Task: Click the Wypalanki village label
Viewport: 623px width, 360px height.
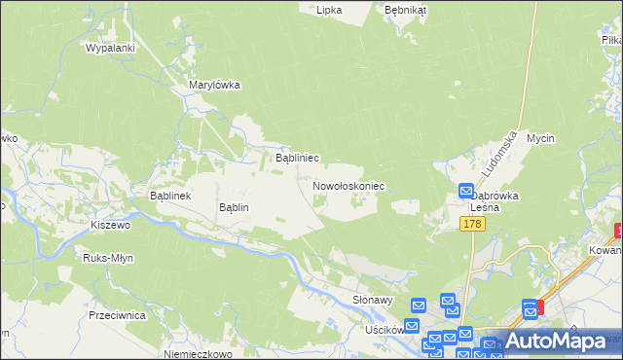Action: (x=109, y=47)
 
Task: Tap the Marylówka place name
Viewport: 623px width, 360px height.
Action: (x=214, y=85)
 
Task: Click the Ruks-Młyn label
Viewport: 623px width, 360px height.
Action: (x=108, y=258)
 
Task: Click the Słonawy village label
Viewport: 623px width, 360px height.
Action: (x=372, y=302)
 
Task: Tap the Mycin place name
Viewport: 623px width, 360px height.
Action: (x=540, y=139)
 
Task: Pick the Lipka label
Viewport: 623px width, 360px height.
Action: (x=329, y=9)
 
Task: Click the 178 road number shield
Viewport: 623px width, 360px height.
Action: (x=472, y=225)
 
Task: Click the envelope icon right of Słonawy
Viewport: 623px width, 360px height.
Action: (x=418, y=306)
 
